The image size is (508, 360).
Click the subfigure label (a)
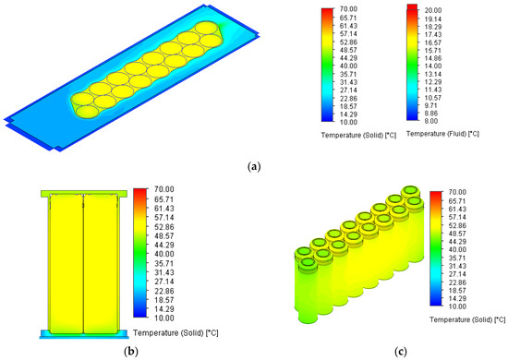tap(254, 167)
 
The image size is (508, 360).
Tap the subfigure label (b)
tap(131, 351)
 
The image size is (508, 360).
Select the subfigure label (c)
tap(401, 351)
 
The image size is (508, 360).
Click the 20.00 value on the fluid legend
tap(433, 10)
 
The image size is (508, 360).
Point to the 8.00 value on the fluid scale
tap(431, 121)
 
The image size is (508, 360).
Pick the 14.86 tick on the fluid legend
tap(433, 58)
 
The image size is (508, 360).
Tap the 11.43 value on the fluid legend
tap(433, 90)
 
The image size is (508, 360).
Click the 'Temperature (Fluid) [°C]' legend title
tap(442, 134)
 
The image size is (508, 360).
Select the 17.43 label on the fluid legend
tap(433, 34)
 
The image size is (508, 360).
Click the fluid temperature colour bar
tap(412, 62)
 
